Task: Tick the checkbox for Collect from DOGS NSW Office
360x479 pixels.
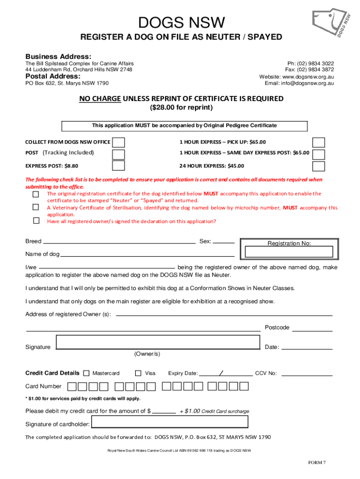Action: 119,142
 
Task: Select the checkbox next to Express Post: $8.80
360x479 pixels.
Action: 119,166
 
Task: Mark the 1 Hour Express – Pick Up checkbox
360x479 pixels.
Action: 318,142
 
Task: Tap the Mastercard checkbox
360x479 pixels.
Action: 86,373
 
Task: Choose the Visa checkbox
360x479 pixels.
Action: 138,373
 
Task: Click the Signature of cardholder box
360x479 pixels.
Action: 169,422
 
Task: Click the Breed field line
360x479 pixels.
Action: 119,243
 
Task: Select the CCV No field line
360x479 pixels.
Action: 307,375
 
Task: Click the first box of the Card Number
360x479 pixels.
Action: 72,386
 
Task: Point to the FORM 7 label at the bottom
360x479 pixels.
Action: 317,463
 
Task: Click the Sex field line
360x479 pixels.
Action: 224,243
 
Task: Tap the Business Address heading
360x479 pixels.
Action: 55,56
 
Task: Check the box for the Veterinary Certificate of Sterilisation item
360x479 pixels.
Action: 36,207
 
